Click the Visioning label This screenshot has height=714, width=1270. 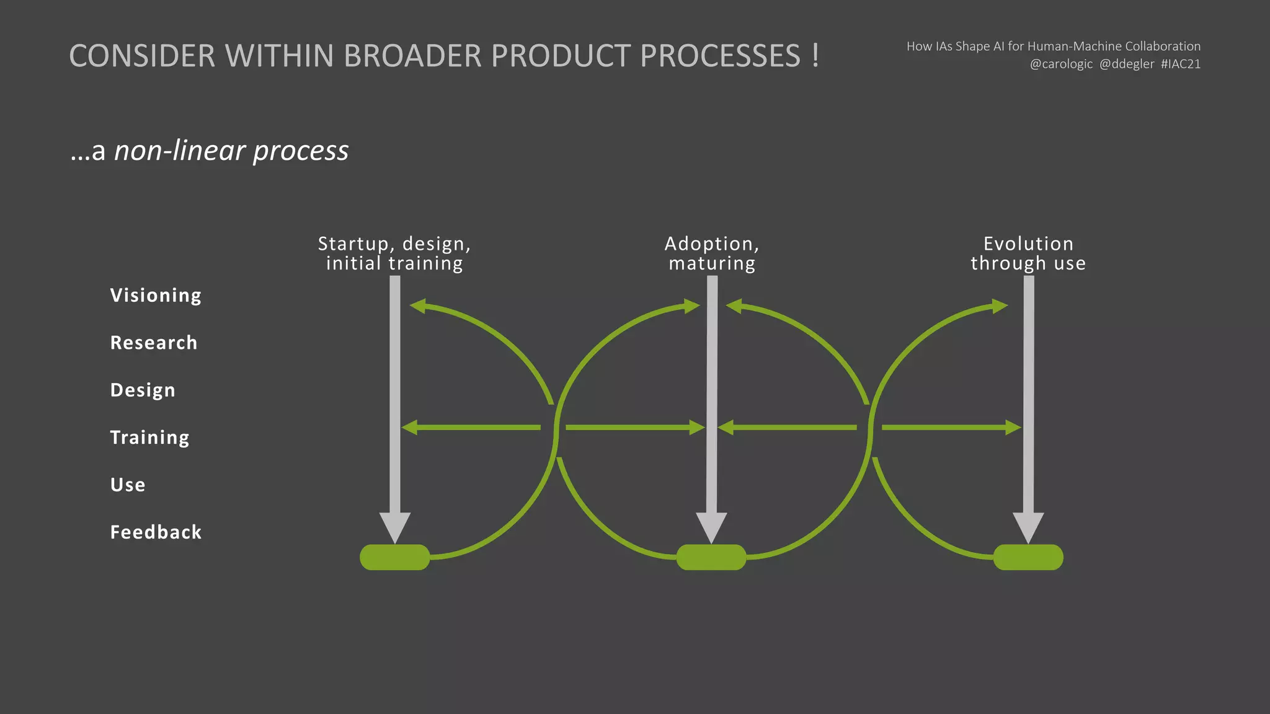[x=156, y=295]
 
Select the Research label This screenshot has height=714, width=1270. [x=154, y=343]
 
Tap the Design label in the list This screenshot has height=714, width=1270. [x=143, y=390]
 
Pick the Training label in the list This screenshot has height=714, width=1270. [x=149, y=438]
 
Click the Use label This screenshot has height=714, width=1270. [x=128, y=485]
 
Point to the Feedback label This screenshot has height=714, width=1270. [x=156, y=532]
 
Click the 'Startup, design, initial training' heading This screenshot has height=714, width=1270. [x=394, y=253]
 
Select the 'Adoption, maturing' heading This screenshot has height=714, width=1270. [x=712, y=253]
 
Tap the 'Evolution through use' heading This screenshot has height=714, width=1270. [x=1028, y=253]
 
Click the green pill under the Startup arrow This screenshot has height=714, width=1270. [x=394, y=557]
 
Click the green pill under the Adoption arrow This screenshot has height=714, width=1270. [x=711, y=557]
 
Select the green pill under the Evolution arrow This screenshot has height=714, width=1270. [x=1028, y=557]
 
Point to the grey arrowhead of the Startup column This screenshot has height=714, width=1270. [x=395, y=526]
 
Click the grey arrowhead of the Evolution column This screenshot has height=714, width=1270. [x=1028, y=526]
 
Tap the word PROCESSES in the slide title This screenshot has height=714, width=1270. [x=720, y=56]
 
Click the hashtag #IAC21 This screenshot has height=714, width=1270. [x=1181, y=64]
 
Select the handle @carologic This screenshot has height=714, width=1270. [x=1061, y=64]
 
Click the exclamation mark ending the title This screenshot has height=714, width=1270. [x=815, y=56]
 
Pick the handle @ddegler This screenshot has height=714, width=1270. [x=1127, y=64]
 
